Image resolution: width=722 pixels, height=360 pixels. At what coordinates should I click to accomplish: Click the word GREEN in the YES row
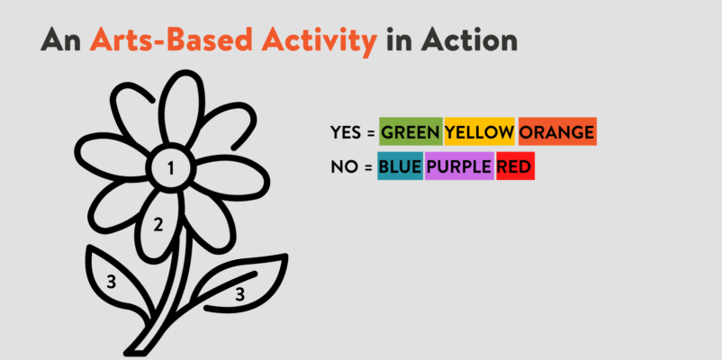(x=411, y=132)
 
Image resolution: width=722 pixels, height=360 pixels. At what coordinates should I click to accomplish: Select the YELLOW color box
(x=479, y=131)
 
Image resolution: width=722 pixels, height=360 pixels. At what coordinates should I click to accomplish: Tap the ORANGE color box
(x=557, y=131)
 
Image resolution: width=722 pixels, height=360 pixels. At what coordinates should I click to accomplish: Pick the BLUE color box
(x=400, y=166)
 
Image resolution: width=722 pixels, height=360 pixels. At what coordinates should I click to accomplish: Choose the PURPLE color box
(x=459, y=166)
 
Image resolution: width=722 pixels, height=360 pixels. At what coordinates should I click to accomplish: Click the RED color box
(x=515, y=166)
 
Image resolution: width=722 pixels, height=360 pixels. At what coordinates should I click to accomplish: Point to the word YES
(x=346, y=132)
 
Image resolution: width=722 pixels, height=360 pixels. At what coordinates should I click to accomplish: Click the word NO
(x=345, y=166)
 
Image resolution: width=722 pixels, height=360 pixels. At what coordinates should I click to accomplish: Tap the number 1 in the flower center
(x=171, y=169)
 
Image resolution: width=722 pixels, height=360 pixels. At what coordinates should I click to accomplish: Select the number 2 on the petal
(x=158, y=225)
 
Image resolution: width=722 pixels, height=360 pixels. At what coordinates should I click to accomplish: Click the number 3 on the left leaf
(x=111, y=282)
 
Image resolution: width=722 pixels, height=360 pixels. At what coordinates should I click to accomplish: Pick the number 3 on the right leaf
(x=239, y=294)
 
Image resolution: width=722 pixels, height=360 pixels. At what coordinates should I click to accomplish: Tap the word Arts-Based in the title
(x=171, y=40)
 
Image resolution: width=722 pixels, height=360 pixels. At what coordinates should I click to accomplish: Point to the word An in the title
(x=61, y=40)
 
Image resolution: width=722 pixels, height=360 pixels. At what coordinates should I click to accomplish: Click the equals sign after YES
(x=371, y=133)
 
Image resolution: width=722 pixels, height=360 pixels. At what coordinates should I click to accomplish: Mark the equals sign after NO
(x=367, y=167)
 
